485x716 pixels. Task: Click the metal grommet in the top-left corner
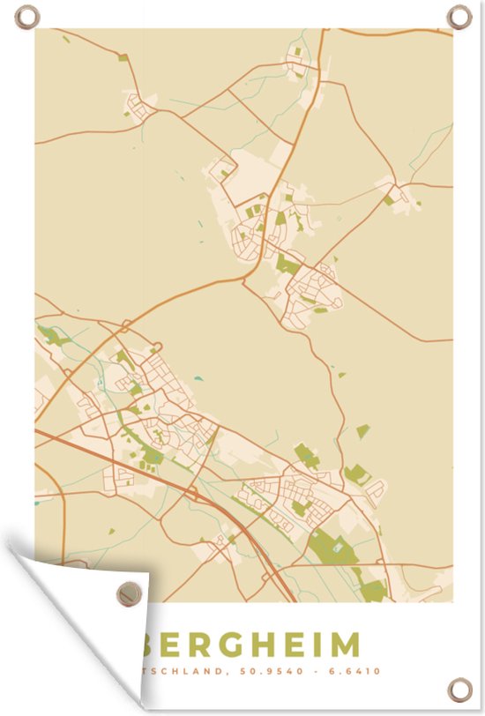(x=27, y=17)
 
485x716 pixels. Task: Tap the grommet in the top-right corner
(x=459, y=16)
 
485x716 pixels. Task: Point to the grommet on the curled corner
(x=129, y=593)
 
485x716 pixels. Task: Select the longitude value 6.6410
(x=362, y=671)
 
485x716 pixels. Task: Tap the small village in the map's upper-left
(x=139, y=107)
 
